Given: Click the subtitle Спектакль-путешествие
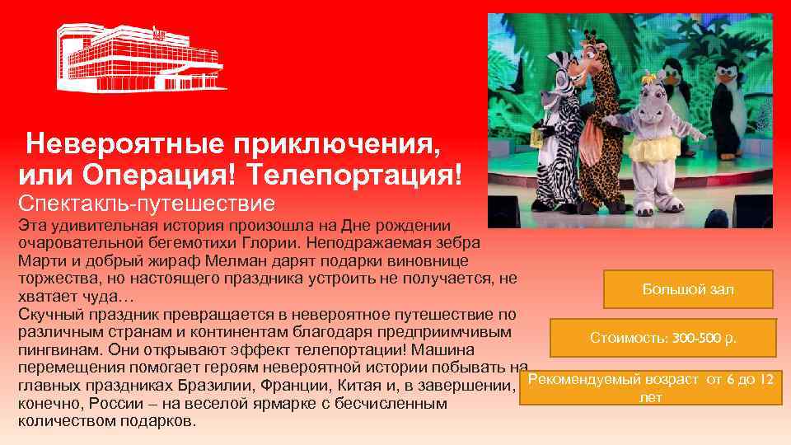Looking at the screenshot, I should click(145, 202).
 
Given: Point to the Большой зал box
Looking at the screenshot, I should click(688, 289).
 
